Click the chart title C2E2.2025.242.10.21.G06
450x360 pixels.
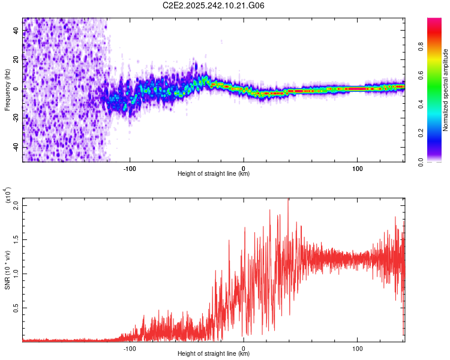214,6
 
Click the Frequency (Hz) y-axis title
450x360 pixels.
7,90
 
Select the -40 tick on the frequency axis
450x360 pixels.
16,147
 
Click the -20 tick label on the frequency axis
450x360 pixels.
16,118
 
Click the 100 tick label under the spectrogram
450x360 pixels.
358,167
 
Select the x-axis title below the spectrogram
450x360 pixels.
214,174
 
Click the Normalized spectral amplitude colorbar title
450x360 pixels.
445,90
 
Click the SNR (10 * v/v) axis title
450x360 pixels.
7,269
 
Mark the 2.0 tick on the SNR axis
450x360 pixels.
16,206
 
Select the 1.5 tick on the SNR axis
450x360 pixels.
16,239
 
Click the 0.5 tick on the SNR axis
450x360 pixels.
16,308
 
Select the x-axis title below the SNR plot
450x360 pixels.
214,354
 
